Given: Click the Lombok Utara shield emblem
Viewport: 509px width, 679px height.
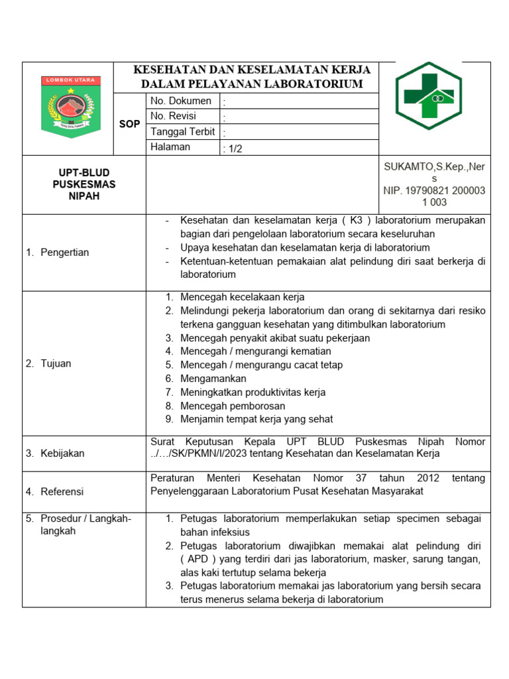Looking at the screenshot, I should coord(72,108).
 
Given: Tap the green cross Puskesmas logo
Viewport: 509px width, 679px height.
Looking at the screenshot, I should coord(429,95).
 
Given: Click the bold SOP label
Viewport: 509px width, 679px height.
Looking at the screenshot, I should coord(129,124).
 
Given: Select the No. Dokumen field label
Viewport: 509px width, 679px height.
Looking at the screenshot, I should coord(181,101).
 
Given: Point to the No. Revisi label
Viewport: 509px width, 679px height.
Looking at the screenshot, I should coord(177,116).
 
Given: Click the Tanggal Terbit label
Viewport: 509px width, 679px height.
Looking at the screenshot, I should coord(182,132).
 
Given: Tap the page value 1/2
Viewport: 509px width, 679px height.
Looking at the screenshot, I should coord(234,149).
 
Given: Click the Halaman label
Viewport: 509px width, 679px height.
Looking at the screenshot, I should coord(170,147).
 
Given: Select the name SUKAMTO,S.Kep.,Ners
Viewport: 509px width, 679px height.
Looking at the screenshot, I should coord(434,166).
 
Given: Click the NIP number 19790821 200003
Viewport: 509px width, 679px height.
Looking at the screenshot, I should coord(434,190).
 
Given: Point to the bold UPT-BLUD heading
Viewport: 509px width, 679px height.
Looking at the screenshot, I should coord(84,172).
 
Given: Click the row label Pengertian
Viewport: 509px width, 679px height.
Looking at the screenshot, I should coord(64,253).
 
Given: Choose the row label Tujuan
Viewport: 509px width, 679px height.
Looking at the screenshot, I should coord(56,363).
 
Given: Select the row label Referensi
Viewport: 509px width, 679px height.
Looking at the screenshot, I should coord(62,491).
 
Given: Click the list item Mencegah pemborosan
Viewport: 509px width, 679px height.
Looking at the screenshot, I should coord(233,406).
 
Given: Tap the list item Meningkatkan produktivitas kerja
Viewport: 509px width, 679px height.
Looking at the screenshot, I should coord(253,392).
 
